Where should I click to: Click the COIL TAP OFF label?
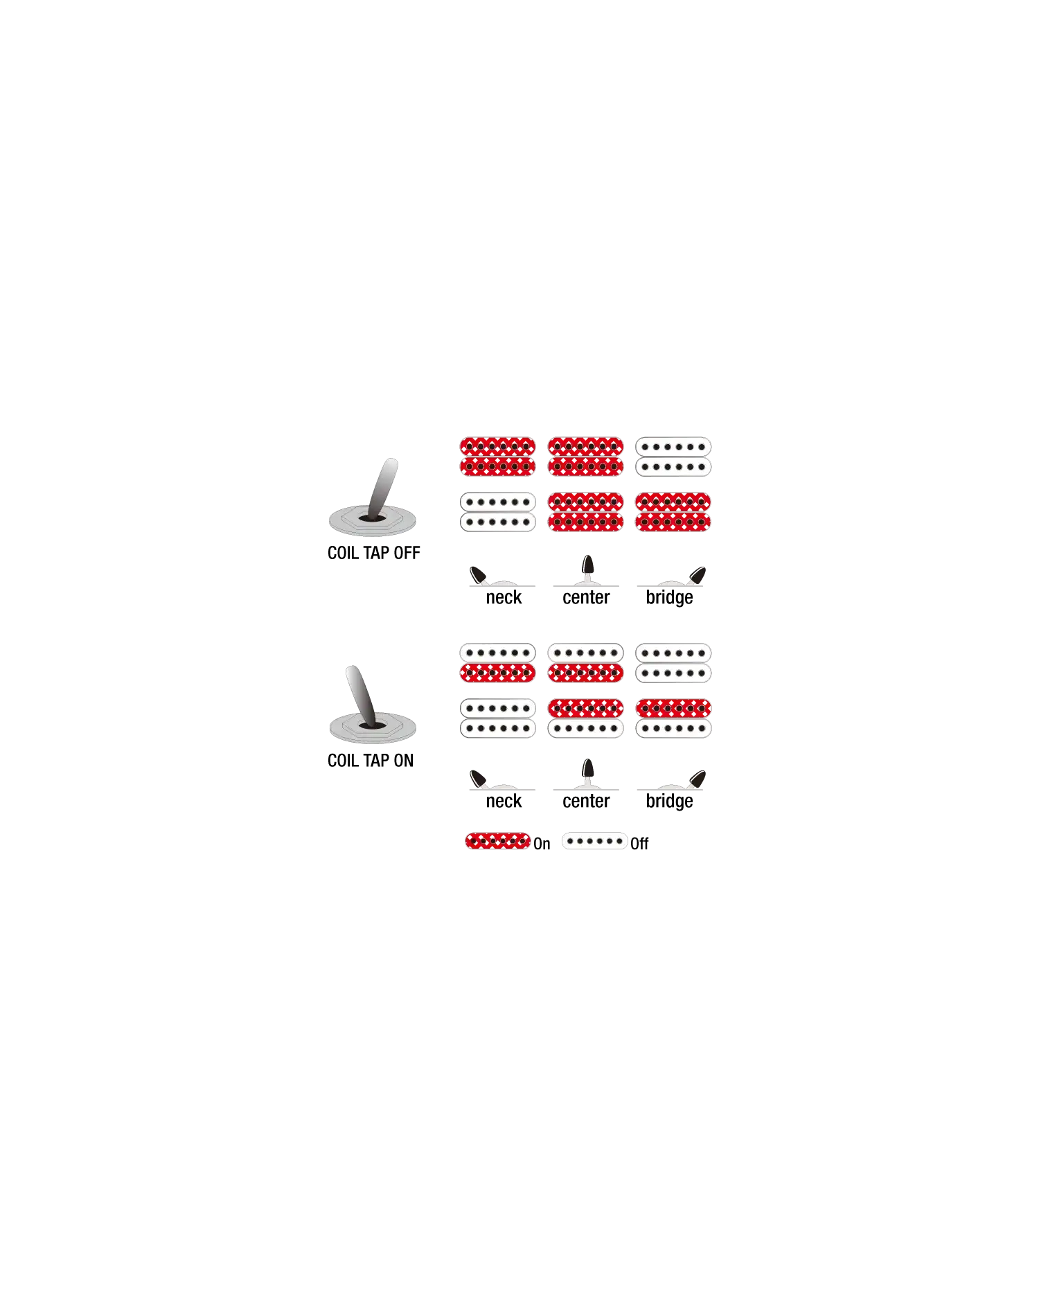373,553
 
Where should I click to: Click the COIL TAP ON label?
371,761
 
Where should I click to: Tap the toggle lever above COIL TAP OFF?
382,488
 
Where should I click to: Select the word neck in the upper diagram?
504,597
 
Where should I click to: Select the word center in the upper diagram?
586,597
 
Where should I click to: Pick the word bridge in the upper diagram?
669,597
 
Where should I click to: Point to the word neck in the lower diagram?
504,801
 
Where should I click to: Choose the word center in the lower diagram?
586,801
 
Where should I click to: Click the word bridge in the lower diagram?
669,801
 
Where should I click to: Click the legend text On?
542,843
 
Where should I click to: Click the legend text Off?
639,843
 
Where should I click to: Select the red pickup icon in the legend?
497,841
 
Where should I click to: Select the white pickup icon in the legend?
594,841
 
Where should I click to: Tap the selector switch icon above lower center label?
587,774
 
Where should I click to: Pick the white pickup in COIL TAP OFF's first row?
673,457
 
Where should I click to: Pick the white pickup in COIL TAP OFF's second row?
497,512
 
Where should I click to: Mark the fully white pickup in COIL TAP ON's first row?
673,663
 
